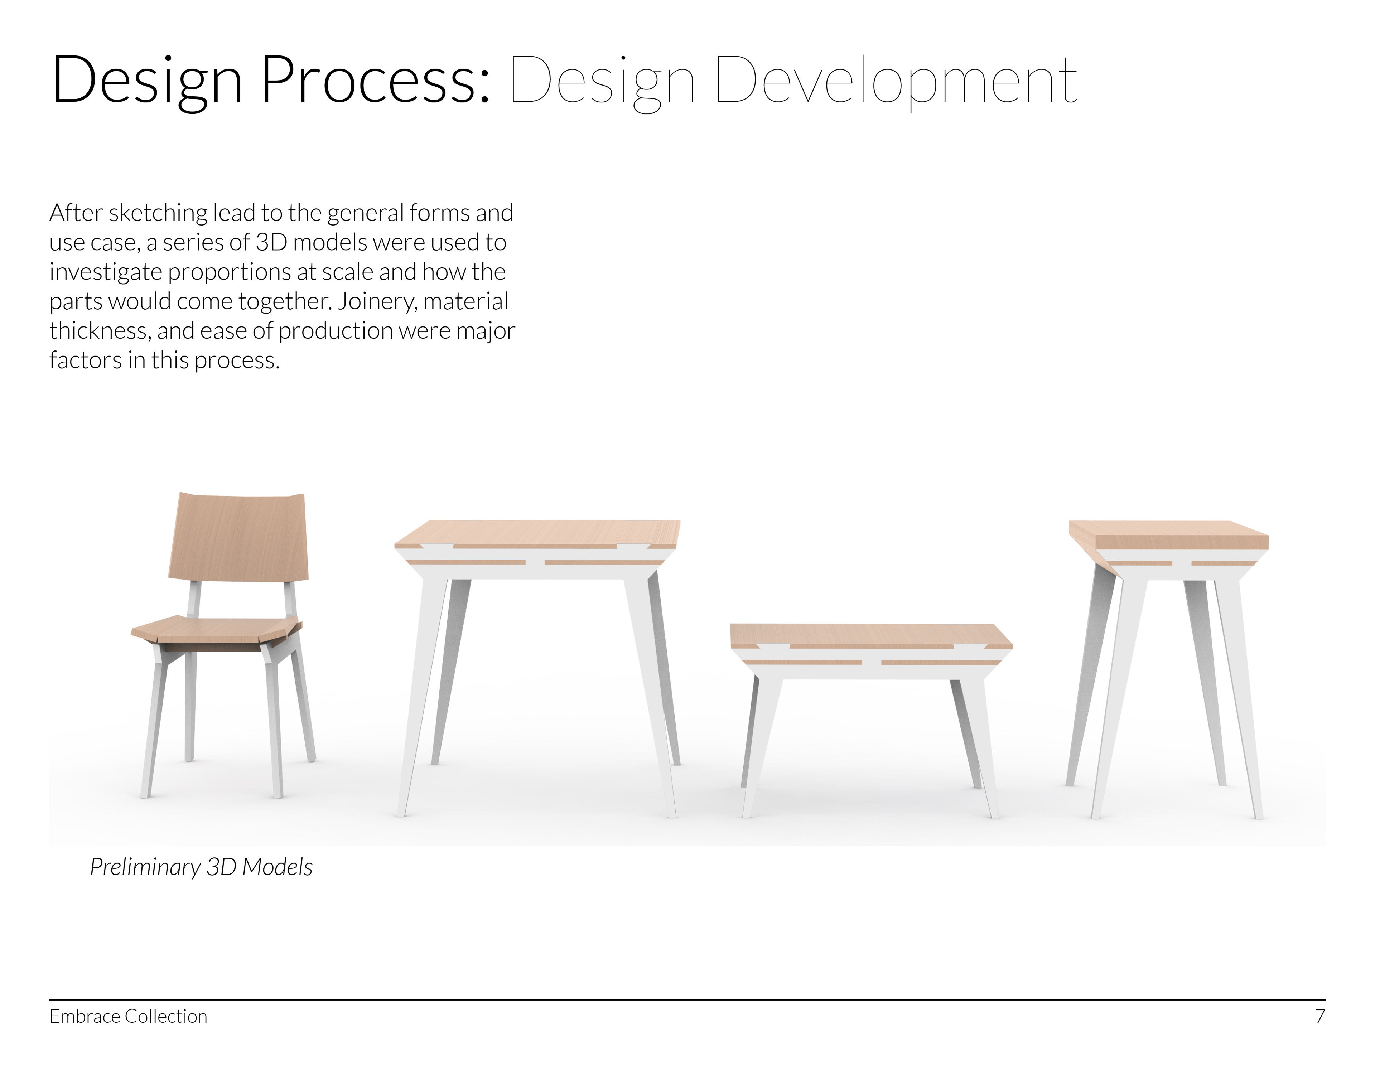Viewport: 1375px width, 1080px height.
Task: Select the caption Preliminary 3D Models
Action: pos(201,867)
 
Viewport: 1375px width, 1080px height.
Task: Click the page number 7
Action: pos(1320,1016)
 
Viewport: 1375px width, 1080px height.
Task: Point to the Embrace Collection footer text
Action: pos(129,1016)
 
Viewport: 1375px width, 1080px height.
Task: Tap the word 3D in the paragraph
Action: pos(271,242)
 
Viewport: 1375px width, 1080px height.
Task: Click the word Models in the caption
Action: pos(278,867)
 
